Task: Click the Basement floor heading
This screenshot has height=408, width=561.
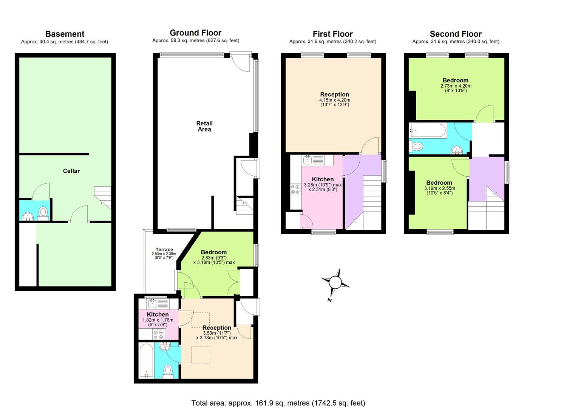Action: [65, 34]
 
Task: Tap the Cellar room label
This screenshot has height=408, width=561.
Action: [71, 171]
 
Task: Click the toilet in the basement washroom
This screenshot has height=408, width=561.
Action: [43, 213]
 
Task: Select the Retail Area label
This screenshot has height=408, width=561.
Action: [204, 126]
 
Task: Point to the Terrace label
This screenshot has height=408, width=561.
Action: [164, 250]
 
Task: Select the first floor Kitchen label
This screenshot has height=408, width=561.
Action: [323, 179]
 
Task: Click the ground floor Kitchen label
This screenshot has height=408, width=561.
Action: [158, 315]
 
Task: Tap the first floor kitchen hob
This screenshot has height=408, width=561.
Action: [295, 189]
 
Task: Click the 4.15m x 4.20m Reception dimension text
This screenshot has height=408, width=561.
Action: [334, 100]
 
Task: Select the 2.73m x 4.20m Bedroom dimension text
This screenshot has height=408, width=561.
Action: [456, 86]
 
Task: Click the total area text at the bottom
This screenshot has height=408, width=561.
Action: [278, 403]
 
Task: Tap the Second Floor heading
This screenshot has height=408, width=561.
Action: [456, 34]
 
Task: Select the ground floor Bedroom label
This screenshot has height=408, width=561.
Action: [214, 252]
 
